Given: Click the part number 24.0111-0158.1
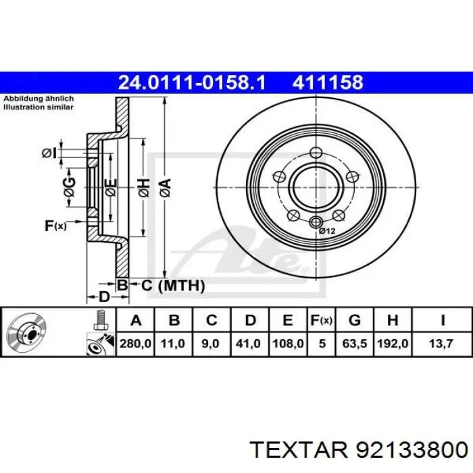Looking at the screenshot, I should coord(191,83).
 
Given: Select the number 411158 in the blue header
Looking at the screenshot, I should coord(328,83).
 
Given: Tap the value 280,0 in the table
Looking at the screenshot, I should coord(135,344).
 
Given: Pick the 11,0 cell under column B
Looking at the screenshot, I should coord(174,344).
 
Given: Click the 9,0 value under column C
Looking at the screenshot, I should coord(211,344).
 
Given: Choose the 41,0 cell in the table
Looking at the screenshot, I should coord(249,344).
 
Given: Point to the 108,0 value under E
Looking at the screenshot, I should coord(287,344).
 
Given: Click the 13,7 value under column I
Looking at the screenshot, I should coord(443,344).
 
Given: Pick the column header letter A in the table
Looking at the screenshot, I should coord(135,320).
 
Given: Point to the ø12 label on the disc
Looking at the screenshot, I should coord(327,231).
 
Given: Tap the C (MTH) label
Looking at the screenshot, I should coord(172,286).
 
